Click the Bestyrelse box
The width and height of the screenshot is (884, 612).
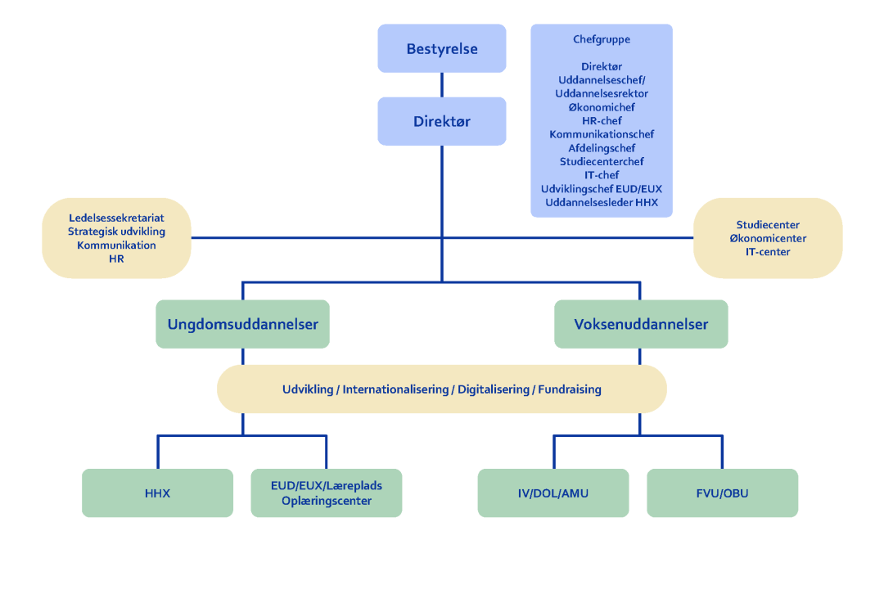pos(442,49)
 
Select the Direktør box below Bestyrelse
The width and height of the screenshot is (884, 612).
pos(442,122)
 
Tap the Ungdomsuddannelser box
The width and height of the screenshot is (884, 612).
pos(243,325)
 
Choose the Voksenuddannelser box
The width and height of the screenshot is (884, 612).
pos(641,325)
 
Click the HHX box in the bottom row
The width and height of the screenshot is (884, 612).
pos(158,493)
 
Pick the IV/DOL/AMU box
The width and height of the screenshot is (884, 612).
pos(553,493)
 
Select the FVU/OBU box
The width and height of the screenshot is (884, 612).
pos(722,493)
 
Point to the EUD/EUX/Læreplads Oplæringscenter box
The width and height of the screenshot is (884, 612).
pos(327,493)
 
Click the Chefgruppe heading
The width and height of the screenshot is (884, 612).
pos(602,39)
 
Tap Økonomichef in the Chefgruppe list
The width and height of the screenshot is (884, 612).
pos(602,107)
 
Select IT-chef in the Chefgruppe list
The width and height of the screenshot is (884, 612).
pos(602,175)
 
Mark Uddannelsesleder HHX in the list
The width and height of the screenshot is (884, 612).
pos(602,202)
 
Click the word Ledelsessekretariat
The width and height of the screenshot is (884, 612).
pos(116,218)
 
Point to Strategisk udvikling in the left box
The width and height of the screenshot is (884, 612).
pos(116,232)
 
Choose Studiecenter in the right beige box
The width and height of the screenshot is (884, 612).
pos(768,225)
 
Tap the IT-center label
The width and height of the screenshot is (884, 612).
pos(768,252)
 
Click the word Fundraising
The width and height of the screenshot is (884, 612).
pos(571,389)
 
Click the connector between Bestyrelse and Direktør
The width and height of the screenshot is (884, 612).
pos(442,85)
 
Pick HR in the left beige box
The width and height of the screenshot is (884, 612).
pos(116,259)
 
